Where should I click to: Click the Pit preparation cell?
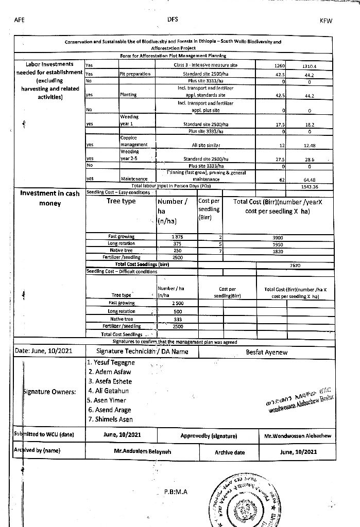coord(135,74)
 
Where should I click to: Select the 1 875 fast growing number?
coord(177,237)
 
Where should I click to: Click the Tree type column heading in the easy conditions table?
coord(121,201)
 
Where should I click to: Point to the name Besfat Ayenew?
coord(267,353)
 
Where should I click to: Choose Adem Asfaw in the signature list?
coord(110,372)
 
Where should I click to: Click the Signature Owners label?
coord(50,392)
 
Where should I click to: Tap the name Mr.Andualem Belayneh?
coord(140,450)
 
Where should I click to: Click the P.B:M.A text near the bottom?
coord(176,491)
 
